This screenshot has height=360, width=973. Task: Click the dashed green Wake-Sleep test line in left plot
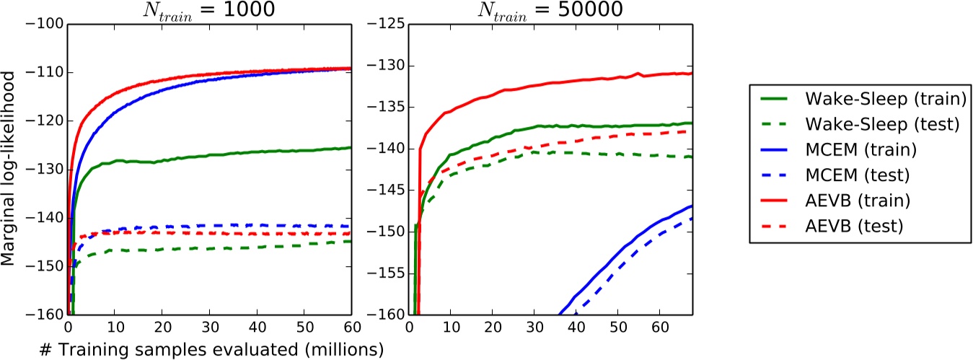pyautogui.click(x=216, y=247)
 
